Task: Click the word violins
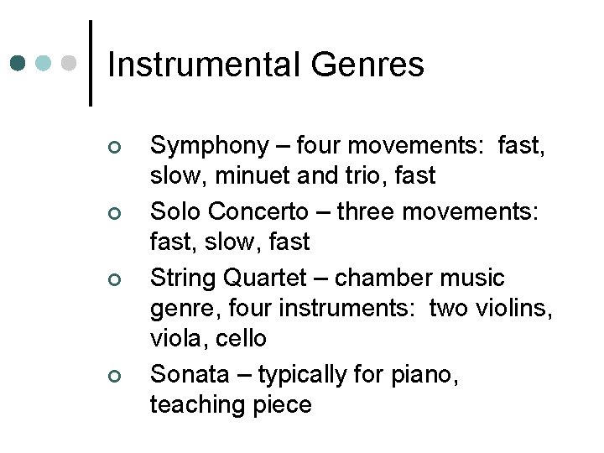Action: pos(514,308)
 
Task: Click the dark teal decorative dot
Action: pos(18,63)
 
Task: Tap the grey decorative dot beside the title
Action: pos(70,63)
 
